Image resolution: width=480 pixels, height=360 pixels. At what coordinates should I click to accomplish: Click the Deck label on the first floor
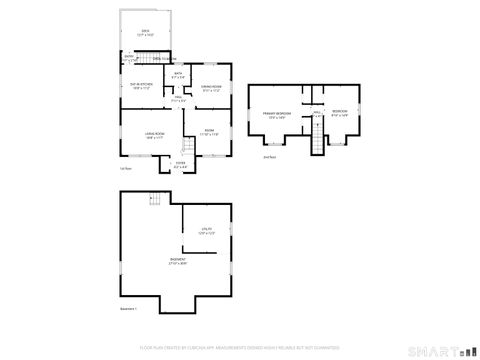pyautogui.click(x=146, y=32)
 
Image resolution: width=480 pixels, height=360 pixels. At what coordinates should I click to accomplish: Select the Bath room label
pyautogui.click(x=178, y=75)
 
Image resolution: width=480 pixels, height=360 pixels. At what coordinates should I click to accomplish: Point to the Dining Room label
pyautogui.click(x=210, y=89)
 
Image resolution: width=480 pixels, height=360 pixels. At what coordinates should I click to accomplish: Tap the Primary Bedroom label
pyautogui.click(x=275, y=116)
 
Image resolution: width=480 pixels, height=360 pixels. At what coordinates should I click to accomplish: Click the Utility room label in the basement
pyautogui.click(x=206, y=231)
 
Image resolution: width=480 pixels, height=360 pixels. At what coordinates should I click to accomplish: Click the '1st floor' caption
pyautogui.click(x=125, y=169)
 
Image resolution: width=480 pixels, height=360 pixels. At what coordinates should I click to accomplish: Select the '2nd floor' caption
pyautogui.click(x=269, y=158)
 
